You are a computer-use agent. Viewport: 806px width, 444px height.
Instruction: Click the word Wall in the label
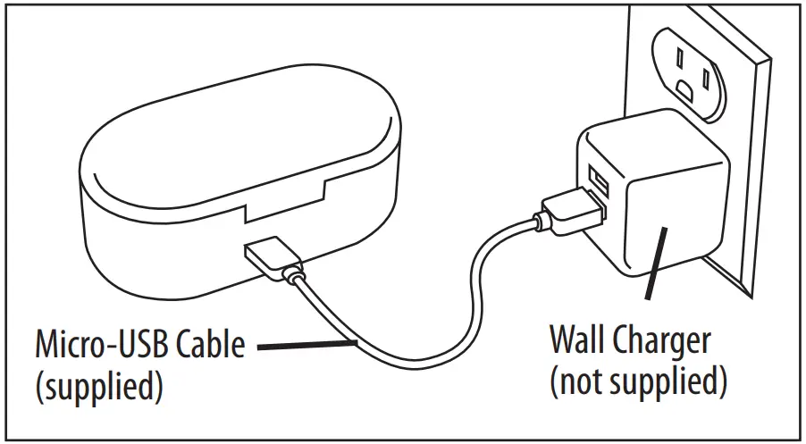577,340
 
